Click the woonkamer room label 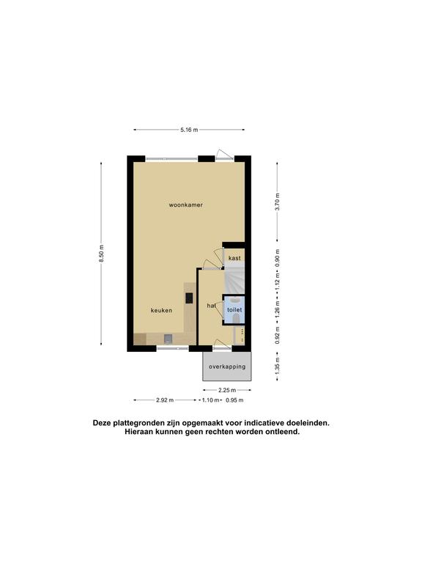point(186,205)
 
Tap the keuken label point(161,310)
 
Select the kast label point(234,258)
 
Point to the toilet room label point(234,309)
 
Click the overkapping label point(227,367)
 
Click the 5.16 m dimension point(189,130)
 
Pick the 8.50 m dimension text point(102,253)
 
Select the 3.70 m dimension point(278,202)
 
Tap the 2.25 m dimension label point(227,390)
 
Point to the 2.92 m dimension point(165,400)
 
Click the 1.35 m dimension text point(278,367)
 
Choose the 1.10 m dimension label point(211,400)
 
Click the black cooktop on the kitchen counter point(189,298)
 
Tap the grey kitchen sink point(169,338)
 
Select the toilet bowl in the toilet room point(236,318)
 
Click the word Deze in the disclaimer point(102,423)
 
